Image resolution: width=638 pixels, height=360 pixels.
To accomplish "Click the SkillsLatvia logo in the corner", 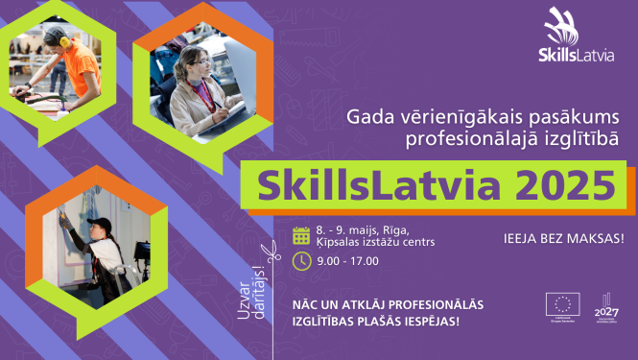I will pos(574,38).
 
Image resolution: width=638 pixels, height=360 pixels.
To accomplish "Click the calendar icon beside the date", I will pos(301,235).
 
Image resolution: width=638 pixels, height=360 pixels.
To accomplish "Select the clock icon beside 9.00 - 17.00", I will pos(301,260).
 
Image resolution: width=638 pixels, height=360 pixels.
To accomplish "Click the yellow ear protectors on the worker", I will pos(63,40).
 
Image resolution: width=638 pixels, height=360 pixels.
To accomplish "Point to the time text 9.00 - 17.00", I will pos(347,260).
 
